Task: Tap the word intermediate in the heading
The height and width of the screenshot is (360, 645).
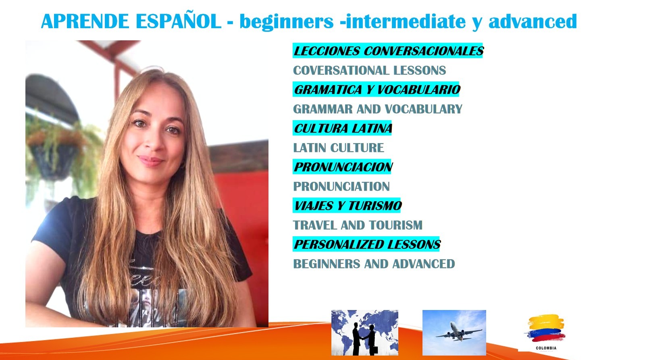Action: coord(406,21)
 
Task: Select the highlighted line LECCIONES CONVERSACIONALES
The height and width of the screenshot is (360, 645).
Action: coord(388,51)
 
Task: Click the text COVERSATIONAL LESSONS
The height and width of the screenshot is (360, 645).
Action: coord(369,70)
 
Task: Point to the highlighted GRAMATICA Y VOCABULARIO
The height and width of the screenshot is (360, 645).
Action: coord(376,89)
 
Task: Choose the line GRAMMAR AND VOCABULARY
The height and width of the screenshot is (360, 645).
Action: coord(377,109)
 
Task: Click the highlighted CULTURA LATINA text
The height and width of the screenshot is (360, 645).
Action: coord(342,128)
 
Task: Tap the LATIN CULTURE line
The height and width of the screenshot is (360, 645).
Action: coord(338,148)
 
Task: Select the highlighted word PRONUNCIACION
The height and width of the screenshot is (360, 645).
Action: coord(342,167)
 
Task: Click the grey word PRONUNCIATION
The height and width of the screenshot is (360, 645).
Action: coord(341,186)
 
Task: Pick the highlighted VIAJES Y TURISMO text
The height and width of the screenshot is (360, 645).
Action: coord(347,205)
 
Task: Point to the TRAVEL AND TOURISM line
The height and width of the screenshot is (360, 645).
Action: coord(358,225)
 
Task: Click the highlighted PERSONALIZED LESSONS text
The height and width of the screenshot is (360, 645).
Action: coord(366,244)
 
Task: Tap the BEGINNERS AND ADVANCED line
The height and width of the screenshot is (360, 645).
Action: coord(374,264)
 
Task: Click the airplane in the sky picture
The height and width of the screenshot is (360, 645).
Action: coord(458,332)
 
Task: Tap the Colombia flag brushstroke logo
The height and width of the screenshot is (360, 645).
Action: coord(546,328)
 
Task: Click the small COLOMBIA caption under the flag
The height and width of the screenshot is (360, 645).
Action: coord(546,348)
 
